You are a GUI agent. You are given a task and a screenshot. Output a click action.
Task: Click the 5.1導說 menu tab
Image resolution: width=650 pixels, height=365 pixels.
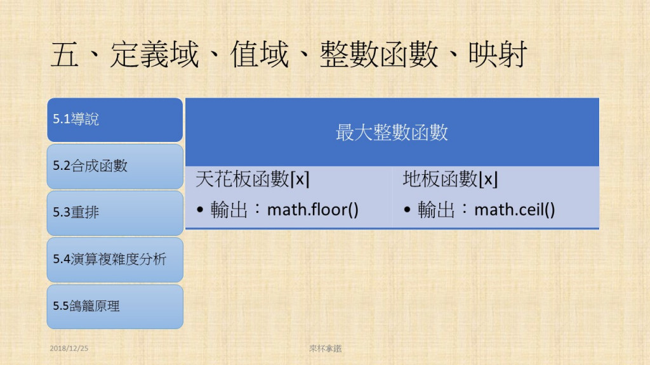(115, 120)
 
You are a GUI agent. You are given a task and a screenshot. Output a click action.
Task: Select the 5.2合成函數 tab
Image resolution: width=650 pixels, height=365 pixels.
(115, 167)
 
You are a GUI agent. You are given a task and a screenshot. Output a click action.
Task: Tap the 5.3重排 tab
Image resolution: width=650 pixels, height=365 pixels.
(115, 213)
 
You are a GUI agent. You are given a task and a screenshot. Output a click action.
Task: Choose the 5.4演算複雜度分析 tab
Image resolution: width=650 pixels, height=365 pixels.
(115, 260)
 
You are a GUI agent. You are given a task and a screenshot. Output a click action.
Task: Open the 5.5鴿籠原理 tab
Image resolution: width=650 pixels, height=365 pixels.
(115, 307)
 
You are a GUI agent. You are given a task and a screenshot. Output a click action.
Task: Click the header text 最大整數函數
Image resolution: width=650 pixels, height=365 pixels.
(392, 132)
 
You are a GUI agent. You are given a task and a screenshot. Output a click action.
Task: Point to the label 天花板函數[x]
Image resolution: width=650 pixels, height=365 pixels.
(253, 179)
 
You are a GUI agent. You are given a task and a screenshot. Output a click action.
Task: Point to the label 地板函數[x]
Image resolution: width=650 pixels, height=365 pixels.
(450, 179)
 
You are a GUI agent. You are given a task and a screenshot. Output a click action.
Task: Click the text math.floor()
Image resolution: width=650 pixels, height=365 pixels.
(312, 209)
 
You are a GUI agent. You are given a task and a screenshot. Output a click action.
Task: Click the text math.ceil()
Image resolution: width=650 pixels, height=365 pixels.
(514, 209)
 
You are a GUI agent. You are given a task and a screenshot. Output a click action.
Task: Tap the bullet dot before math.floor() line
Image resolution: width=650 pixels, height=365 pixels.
(200, 210)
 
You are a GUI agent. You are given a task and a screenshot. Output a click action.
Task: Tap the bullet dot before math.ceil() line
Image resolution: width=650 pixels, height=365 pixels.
(407, 210)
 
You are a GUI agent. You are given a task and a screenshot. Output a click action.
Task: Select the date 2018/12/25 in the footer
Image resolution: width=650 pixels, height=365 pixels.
(69, 349)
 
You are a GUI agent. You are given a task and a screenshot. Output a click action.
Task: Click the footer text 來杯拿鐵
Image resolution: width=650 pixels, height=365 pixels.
(326, 349)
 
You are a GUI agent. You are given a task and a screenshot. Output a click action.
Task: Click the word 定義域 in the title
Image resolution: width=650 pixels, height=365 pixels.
(155, 54)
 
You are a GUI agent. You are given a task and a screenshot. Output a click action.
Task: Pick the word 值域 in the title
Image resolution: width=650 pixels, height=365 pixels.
(260, 54)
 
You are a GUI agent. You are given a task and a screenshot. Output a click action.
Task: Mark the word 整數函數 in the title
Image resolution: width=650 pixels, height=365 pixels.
(379, 54)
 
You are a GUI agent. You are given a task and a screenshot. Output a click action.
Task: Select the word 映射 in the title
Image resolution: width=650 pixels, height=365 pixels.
(498, 54)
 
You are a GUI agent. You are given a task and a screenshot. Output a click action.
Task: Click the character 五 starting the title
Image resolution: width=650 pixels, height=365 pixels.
(65, 54)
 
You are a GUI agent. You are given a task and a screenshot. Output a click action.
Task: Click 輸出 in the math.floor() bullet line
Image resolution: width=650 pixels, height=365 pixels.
(229, 209)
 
